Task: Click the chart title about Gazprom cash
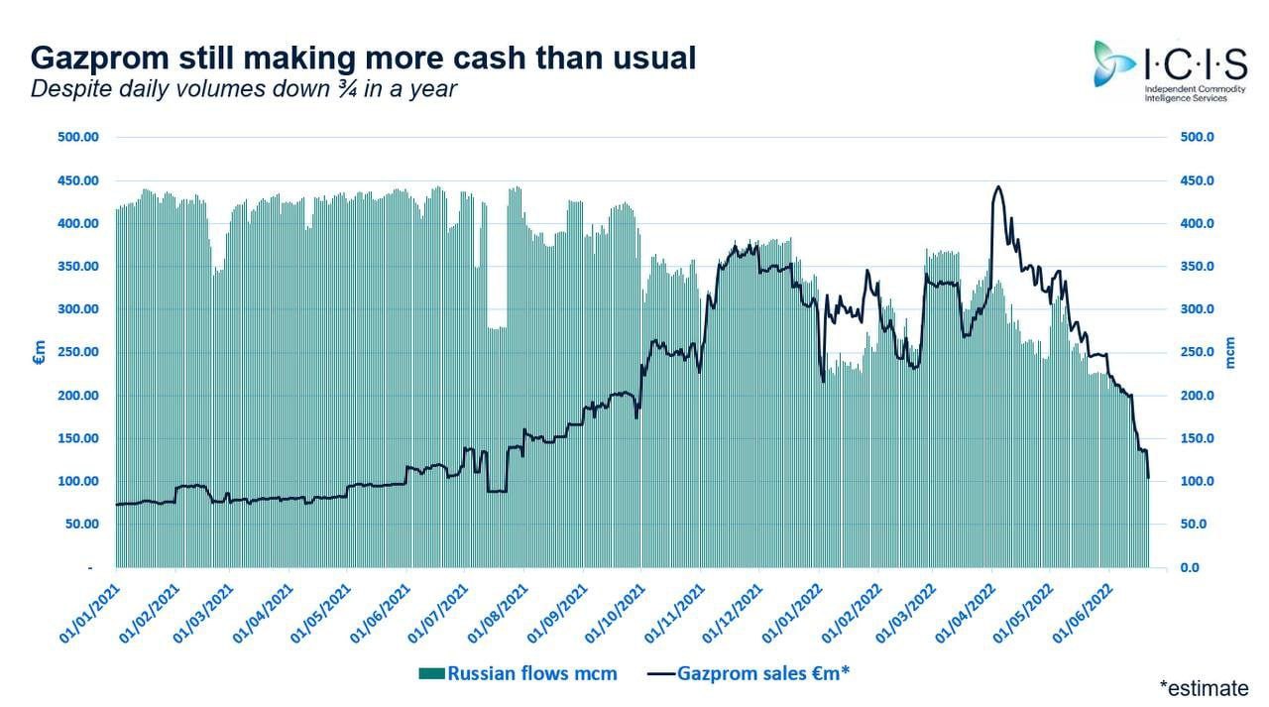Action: point(363,58)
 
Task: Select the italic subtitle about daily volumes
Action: point(244,88)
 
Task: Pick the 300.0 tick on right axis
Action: point(1197,309)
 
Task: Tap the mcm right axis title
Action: point(1231,352)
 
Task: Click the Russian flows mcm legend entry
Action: point(518,674)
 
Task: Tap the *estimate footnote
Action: point(1205,686)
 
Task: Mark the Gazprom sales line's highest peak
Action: point(996,186)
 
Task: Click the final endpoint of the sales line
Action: point(1148,478)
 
